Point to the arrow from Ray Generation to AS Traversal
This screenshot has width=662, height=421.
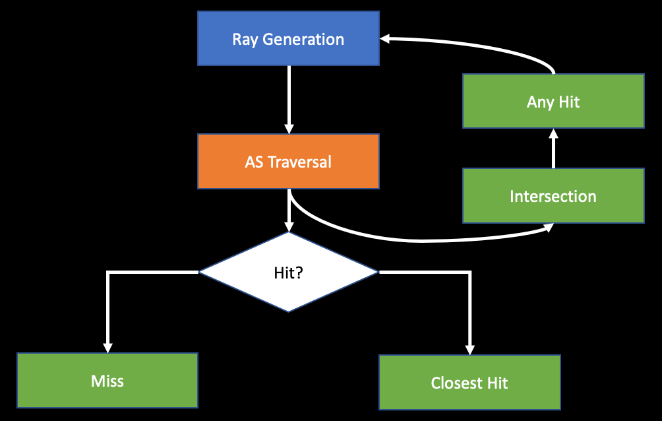289,99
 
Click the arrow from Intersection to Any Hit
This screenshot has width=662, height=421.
553,148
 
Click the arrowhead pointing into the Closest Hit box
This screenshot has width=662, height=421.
469,349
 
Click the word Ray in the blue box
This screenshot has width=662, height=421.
245,39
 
